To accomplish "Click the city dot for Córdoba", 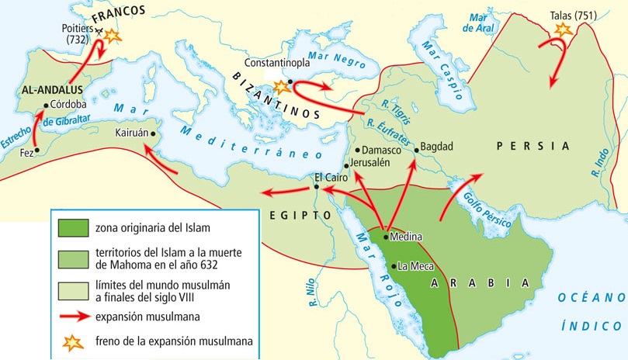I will [x=47, y=106].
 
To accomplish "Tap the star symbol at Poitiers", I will [x=113, y=35].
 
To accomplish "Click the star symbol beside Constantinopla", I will [x=276, y=86].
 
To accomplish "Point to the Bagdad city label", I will [x=435, y=146].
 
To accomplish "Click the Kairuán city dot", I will [x=154, y=133].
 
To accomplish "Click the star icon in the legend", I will [x=71, y=341].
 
